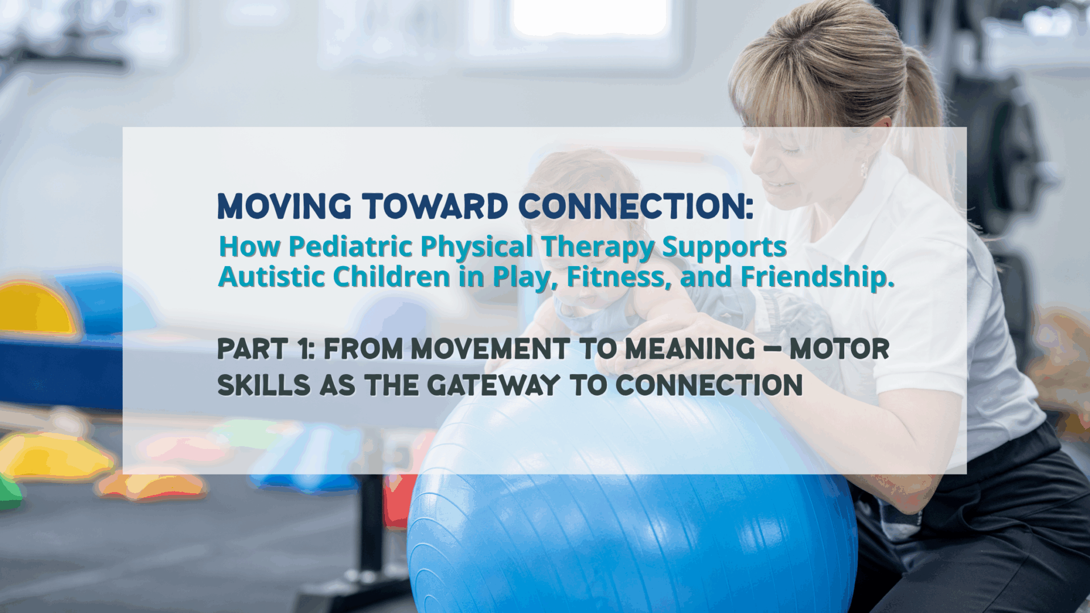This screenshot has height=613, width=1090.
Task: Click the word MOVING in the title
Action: pyautogui.click(x=284, y=207)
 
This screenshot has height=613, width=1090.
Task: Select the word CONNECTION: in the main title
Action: pyautogui.click(x=635, y=207)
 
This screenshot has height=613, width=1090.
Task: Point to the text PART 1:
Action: pyautogui.click(x=266, y=349)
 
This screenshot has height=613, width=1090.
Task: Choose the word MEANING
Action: pyautogui.click(x=690, y=349)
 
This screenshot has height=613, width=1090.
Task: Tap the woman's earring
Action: pyautogui.click(x=864, y=169)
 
